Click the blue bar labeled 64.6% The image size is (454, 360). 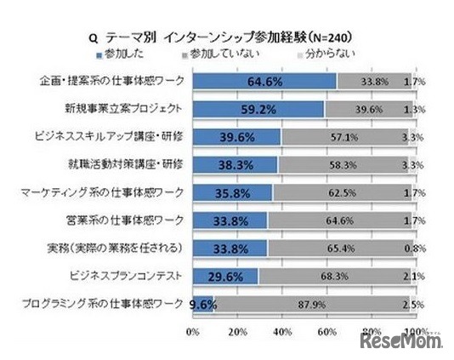265,82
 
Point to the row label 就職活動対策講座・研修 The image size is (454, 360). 136,164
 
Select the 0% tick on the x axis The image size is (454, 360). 192,330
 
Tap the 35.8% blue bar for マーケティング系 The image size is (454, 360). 234,192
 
